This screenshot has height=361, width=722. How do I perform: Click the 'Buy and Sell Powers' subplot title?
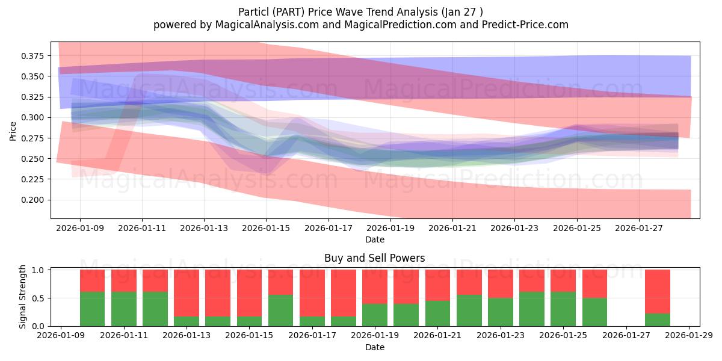374,258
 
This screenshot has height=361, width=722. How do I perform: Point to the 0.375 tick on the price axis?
31,56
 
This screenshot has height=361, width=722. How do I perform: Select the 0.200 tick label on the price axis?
31,200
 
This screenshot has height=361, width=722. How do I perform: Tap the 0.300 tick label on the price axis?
31,117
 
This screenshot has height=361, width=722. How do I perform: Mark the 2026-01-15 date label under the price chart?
266,229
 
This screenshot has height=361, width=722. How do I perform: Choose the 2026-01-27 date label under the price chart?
638,229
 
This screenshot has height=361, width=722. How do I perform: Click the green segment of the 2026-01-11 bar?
124,309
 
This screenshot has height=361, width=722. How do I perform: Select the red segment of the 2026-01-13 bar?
187,293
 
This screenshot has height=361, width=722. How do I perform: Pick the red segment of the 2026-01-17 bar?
312,293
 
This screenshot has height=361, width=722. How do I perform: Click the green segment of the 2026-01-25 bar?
563,309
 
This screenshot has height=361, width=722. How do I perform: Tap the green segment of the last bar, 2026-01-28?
657,319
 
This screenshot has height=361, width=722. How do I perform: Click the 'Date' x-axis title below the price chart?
374,240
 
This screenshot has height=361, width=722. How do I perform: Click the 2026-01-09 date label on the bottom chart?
61,336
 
